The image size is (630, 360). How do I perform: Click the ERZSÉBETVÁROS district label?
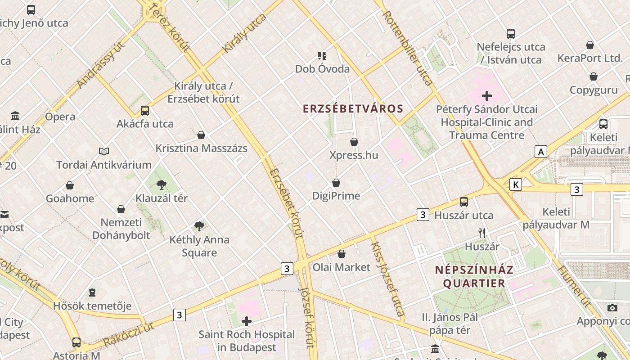(353, 109)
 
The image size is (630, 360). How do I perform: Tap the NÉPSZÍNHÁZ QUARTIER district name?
(474, 277)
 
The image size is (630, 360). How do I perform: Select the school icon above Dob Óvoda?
(322, 56)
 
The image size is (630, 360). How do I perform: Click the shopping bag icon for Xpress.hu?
(354, 142)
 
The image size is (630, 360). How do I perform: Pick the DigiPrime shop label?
(336, 196)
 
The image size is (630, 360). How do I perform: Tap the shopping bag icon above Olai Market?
(342, 254)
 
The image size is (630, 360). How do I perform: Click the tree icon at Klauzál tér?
(161, 184)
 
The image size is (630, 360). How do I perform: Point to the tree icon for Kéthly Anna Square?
(199, 226)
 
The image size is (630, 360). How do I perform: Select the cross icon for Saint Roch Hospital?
(247, 321)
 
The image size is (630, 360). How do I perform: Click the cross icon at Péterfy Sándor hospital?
(486, 96)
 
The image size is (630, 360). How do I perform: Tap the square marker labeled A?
(541, 152)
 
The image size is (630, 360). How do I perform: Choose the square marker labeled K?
(516, 184)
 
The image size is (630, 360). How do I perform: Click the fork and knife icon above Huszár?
(482, 233)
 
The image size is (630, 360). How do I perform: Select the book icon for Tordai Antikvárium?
(104, 151)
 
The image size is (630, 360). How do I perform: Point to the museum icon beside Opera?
(15, 116)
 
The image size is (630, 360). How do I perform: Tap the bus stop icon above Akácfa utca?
(145, 110)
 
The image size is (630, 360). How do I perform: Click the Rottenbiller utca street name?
(407, 48)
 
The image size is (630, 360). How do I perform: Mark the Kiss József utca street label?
(387, 279)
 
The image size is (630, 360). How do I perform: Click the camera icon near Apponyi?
(612, 308)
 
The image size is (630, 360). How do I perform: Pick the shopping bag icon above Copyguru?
(594, 77)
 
